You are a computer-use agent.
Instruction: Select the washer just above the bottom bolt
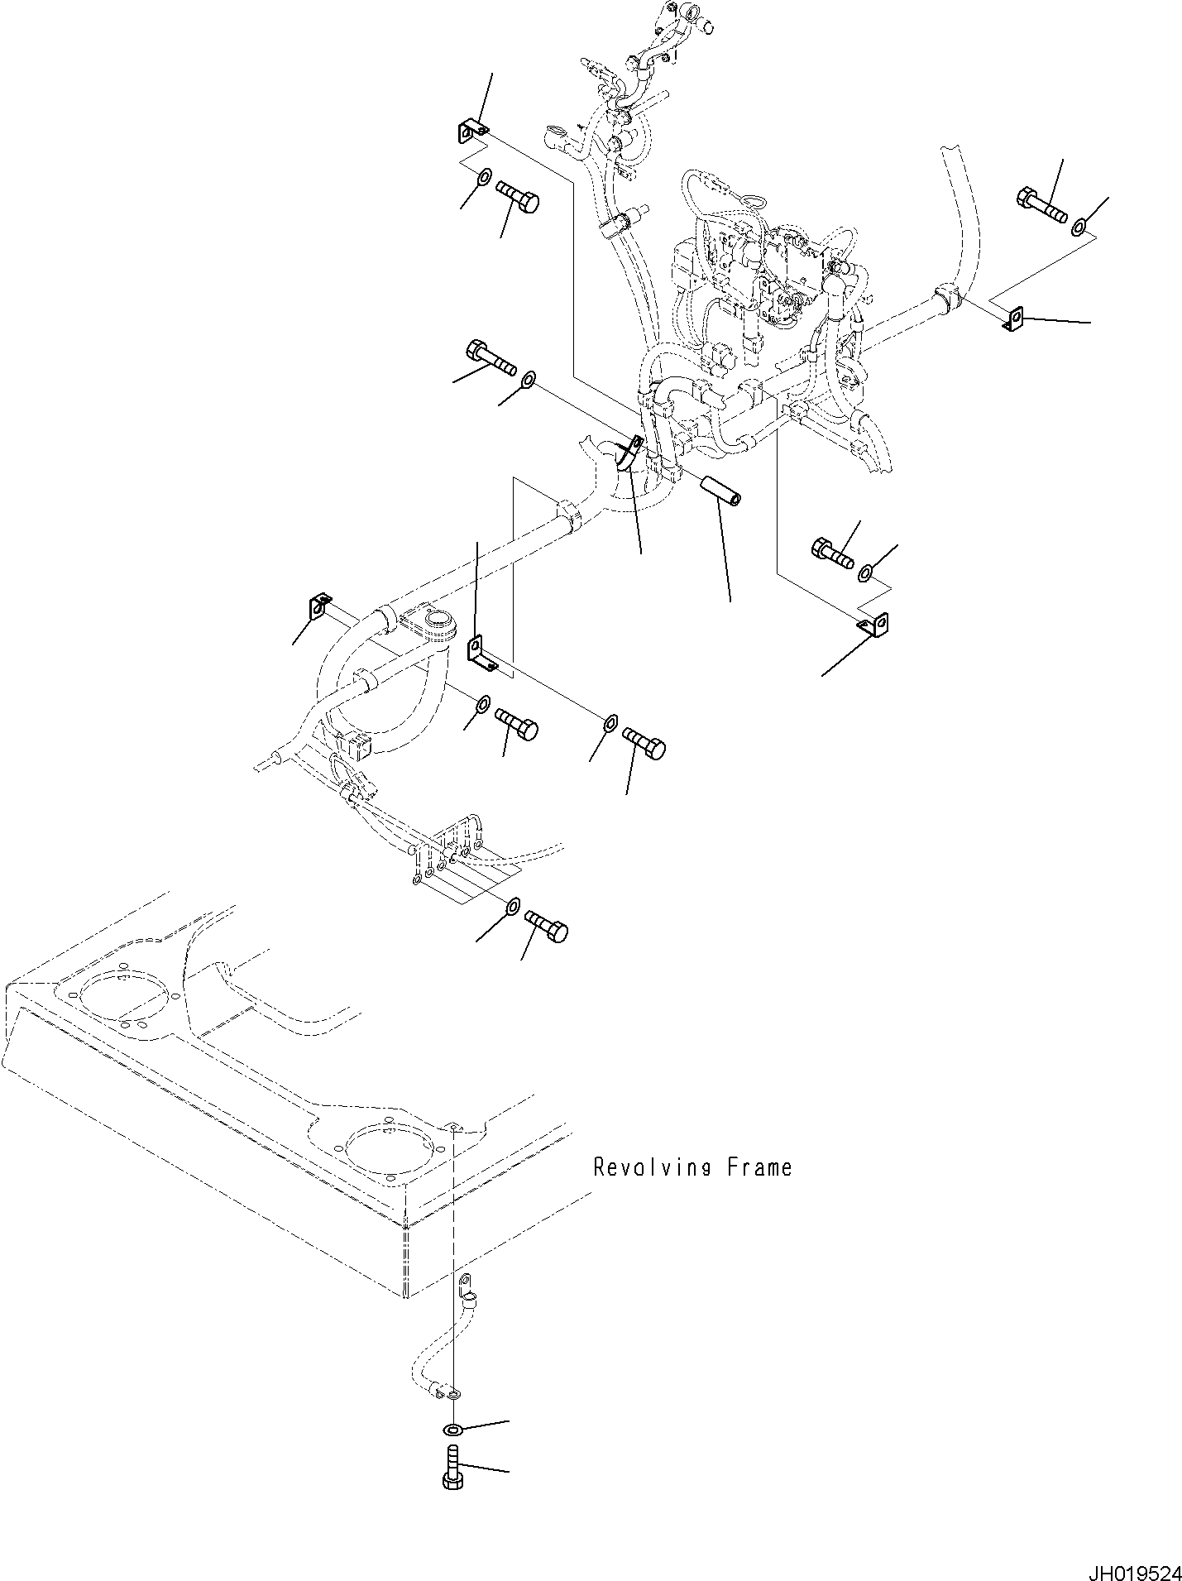452,1430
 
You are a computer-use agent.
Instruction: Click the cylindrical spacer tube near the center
720,488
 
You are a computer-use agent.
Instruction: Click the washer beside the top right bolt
1080,225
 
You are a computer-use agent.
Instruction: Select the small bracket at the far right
1014,318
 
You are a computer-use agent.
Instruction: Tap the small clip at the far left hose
319,606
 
